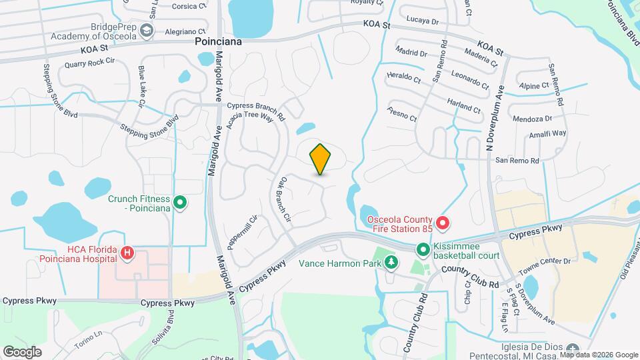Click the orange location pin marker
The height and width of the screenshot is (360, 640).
[x=321, y=159]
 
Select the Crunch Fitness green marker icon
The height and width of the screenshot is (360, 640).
[x=179, y=201]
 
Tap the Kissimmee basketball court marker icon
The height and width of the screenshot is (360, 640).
[x=423, y=250]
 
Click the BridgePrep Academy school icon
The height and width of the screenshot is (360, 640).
[x=147, y=31]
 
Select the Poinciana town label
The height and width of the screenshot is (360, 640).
[x=217, y=41]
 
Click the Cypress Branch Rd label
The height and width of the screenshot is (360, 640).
[x=256, y=106]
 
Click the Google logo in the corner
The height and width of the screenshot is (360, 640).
[x=23, y=351]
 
